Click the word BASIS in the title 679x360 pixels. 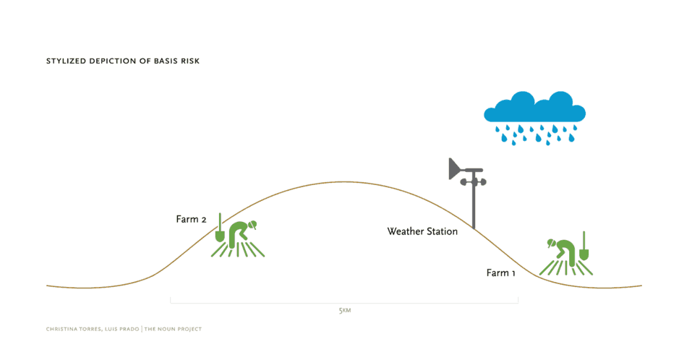(x=163, y=61)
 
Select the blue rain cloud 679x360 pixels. (x=535, y=118)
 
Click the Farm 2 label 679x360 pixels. (x=191, y=219)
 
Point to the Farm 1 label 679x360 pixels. (x=500, y=273)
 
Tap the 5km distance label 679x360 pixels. (x=345, y=311)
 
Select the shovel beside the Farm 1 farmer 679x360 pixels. (x=584, y=247)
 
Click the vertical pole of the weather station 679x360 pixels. (x=474, y=200)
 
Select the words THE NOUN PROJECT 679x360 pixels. (x=173, y=330)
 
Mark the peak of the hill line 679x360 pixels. (x=344, y=181)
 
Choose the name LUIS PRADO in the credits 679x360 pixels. (x=121, y=330)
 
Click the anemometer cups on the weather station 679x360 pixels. (x=474, y=182)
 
